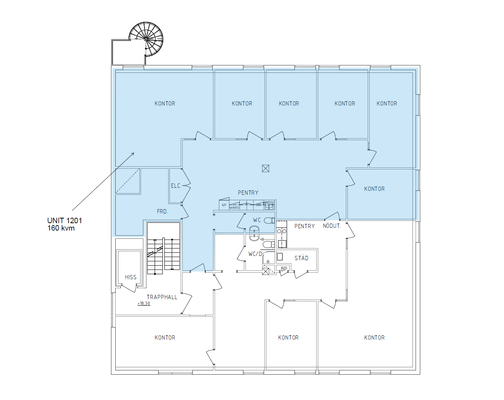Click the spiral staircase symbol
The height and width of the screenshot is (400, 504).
[146, 39]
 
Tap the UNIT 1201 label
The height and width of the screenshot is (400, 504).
[65, 220]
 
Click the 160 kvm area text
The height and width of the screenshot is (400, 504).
[61, 228]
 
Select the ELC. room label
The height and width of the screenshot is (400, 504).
[176, 186]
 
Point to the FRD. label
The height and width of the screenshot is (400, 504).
[162, 211]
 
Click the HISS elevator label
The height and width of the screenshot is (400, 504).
[131, 277]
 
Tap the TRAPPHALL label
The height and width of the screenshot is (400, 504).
[162, 297]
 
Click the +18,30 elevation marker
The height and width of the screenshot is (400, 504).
[144, 303]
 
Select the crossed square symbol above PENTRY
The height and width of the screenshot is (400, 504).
[266, 168]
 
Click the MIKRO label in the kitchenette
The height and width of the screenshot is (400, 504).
[234, 208]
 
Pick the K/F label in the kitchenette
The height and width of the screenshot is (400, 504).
[224, 205]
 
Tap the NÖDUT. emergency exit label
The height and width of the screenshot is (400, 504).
[332, 226]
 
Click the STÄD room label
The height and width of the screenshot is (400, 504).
[301, 258]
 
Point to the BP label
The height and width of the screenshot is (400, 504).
[284, 269]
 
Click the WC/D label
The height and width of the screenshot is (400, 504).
[255, 254]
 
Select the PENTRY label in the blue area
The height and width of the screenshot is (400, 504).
[248, 193]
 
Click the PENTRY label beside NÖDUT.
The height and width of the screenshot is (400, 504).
[305, 226]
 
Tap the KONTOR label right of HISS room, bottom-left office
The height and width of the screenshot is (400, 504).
[165, 338]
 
